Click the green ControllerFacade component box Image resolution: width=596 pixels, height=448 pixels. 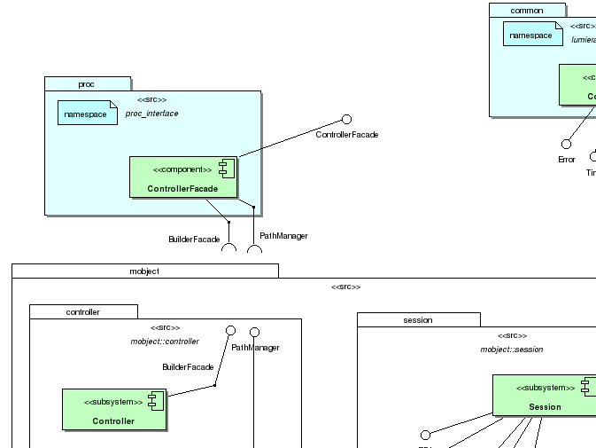click(184, 177)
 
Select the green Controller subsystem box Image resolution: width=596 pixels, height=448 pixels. click(113, 409)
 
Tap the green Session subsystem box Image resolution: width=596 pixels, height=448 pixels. click(544, 395)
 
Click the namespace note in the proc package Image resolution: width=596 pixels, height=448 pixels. click(87, 113)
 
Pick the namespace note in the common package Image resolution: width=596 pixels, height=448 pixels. click(533, 34)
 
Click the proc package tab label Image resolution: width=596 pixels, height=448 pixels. click(87, 83)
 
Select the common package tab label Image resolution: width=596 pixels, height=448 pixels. click(528, 10)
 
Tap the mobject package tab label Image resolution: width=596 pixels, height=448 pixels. click(144, 271)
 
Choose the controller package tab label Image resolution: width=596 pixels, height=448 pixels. click(83, 311)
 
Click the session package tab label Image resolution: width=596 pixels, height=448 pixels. click(418, 319)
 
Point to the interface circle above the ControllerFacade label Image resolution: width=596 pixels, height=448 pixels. click(346, 119)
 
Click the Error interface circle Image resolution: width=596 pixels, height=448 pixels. click(566, 144)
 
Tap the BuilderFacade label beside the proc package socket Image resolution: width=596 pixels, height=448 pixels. click(194, 240)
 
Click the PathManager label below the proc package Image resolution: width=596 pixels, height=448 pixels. click(283, 236)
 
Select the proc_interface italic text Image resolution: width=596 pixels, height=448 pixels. click(151, 114)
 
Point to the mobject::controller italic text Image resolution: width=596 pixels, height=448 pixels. click(165, 341)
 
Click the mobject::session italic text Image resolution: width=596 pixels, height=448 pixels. click(512, 349)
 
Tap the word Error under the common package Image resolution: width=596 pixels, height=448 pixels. click(566, 160)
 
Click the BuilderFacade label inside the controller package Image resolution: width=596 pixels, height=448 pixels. click(188, 366)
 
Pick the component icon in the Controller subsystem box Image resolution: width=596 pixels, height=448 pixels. click(154, 402)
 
